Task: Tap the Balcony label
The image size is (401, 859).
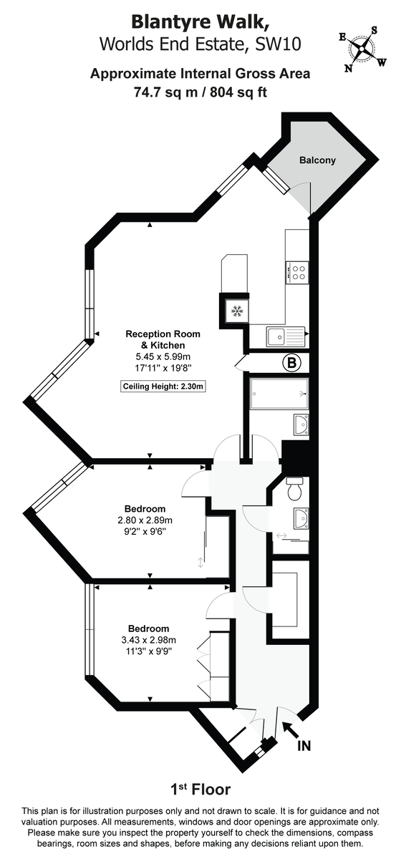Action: pyautogui.click(x=317, y=160)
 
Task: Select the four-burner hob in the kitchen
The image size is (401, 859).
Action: pyautogui.click(x=298, y=272)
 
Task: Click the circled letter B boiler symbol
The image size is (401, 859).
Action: pyautogui.click(x=292, y=364)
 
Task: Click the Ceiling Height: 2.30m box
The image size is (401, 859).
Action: pyautogui.click(x=163, y=387)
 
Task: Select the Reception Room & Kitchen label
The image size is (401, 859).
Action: pyautogui.click(x=163, y=339)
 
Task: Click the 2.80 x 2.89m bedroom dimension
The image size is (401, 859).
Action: pyautogui.click(x=146, y=520)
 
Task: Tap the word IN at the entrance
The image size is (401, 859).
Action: pyautogui.click(x=304, y=747)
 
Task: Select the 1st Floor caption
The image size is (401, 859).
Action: pyautogui.click(x=200, y=790)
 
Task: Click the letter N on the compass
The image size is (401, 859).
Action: pyautogui.click(x=349, y=69)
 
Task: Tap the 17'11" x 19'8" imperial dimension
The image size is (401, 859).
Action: pyautogui.click(x=163, y=368)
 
